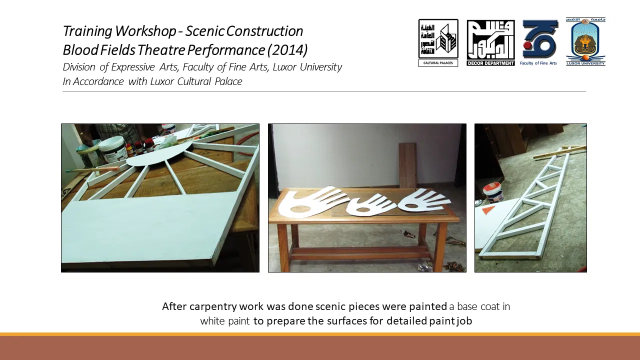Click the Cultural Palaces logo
tap(438, 43)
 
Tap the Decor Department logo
tap(490, 43)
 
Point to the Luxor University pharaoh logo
tap(585, 41)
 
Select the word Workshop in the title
tap(145, 31)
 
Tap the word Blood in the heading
tap(80, 49)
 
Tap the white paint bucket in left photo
tap(113, 148)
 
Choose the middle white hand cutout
tap(371, 205)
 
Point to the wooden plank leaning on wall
tap(407, 165)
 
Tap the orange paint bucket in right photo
tap(492, 193)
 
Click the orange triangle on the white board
tap(487, 210)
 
